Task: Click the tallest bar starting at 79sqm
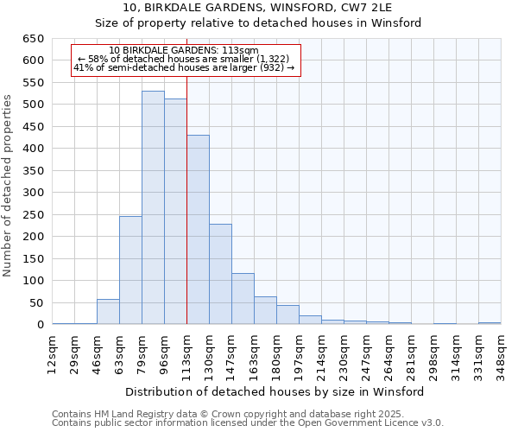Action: point(153,207)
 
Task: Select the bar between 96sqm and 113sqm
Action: point(175,212)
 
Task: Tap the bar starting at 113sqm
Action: point(198,230)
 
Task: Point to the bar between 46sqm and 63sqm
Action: point(108,312)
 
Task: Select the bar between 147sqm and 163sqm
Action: point(243,299)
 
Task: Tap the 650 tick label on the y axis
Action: point(34,39)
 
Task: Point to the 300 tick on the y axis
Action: point(34,193)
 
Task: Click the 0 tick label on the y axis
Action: point(40,325)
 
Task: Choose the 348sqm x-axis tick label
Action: point(502,352)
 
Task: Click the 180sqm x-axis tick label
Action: point(277,352)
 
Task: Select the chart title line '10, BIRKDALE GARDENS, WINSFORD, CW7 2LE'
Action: point(258,7)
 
